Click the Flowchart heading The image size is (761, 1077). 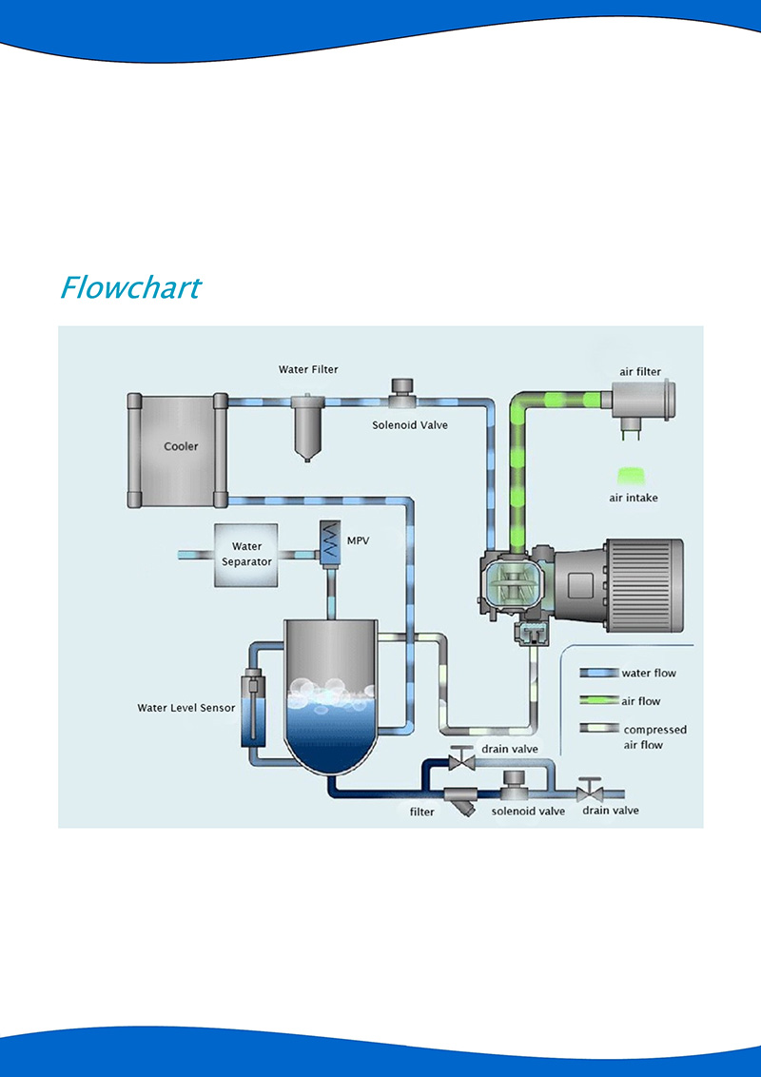pyautogui.click(x=130, y=286)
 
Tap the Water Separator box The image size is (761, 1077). pyautogui.click(x=246, y=554)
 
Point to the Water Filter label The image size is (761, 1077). pyautogui.click(x=308, y=369)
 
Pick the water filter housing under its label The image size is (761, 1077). pyautogui.click(x=306, y=428)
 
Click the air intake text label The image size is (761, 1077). pyautogui.click(x=634, y=498)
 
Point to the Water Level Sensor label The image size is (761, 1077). pyautogui.click(x=186, y=708)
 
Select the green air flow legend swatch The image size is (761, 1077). pyautogui.click(x=599, y=701)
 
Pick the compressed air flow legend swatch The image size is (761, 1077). pyautogui.click(x=599, y=730)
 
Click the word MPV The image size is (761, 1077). pyautogui.click(x=359, y=540)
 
